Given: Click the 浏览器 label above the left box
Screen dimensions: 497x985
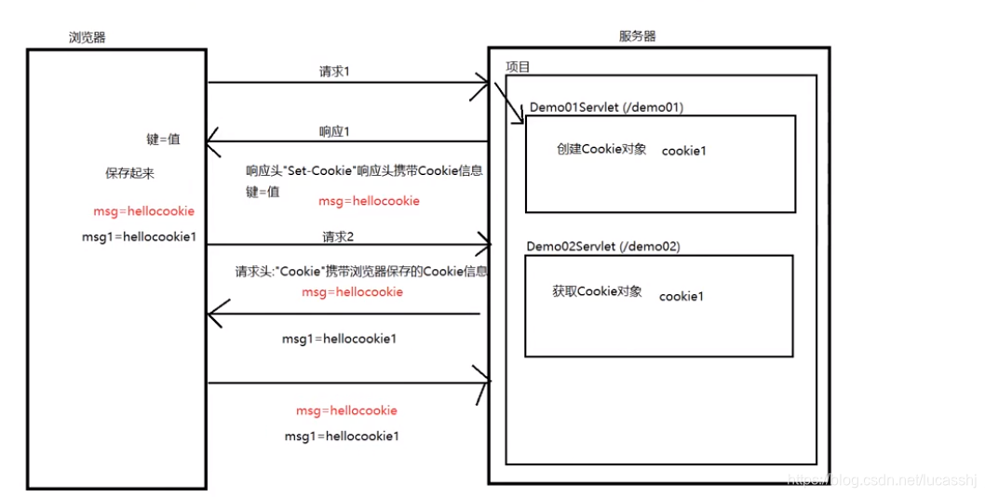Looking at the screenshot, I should (x=88, y=36).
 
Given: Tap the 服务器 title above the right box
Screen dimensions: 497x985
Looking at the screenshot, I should (x=638, y=36).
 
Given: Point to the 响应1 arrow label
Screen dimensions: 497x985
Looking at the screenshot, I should (x=334, y=131).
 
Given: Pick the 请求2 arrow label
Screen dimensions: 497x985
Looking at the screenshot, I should (x=338, y=235).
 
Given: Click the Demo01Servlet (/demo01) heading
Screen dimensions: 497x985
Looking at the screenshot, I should (x=606, y=107).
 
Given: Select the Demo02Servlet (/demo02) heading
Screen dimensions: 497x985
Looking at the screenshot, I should (x=603, y=247).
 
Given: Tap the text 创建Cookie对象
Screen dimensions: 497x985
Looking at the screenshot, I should (x=601, y=149).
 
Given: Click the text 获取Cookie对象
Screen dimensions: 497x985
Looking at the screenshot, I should (x=597, y=291).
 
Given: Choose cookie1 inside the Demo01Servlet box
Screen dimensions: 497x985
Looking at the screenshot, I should (x=683, y=151).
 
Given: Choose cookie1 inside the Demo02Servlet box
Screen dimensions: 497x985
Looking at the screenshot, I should (x=681, y=296).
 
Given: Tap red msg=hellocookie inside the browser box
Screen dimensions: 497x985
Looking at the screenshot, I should (x=143, y=211).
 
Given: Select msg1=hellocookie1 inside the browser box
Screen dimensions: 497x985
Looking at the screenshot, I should (x=139, y=236).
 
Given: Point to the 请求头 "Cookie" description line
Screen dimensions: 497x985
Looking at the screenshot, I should (x=361, y=272).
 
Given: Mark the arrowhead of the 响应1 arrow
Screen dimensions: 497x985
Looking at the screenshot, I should (x=212, y=142).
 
